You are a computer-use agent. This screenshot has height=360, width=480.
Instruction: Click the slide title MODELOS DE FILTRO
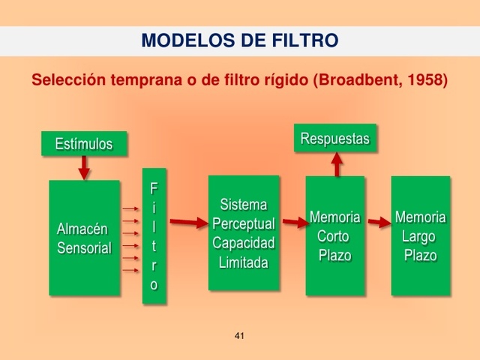click(x=239, y=40)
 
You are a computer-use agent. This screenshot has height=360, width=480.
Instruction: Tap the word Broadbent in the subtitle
click(x=356, y=79)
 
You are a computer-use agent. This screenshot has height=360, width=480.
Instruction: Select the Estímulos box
click(x=84, y=144)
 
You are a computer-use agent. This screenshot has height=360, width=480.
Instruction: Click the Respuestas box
click(x=334, y=139)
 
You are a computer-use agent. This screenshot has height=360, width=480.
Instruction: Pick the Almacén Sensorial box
click(x=84, y=238)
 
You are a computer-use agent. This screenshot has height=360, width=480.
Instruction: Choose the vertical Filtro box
click(x=154, y=236)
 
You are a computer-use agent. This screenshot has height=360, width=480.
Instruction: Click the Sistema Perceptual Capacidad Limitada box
click(x=244, y=232)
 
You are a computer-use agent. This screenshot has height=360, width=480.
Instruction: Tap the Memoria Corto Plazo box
click(x=334, y=235)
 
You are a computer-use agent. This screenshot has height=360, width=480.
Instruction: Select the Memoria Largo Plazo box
click(x=420, y=235)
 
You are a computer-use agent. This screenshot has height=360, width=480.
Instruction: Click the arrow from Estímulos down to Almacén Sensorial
click(x=84, y=168)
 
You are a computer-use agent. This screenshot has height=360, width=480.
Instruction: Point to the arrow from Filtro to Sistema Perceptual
click(x=187, y=222)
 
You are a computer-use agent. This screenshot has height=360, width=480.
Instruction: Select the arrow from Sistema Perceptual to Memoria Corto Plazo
click(x=292, y=222)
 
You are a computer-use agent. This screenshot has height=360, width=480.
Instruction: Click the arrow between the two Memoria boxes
click(x=378, y=222)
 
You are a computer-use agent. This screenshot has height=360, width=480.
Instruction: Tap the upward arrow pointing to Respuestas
click(x=337, y=163)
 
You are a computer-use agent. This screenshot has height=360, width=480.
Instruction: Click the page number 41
click(x=240, y=335)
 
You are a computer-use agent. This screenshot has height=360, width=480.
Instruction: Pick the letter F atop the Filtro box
click(x=154, y=187)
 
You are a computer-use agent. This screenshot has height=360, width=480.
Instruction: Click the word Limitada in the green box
click(x=244, y=262)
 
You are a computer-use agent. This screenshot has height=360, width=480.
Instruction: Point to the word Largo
click(x=418, y=236)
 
